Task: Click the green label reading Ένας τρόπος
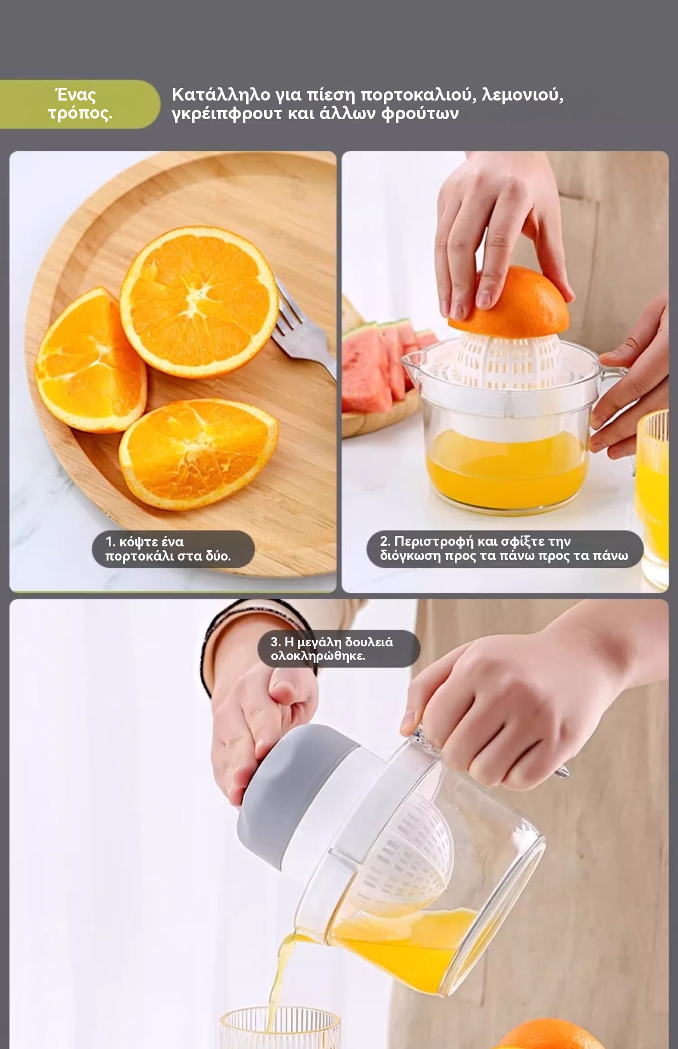(x=80, y=104)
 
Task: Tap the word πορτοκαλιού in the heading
(x=418, y=95)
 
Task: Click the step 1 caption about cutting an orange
(x=173, y=549)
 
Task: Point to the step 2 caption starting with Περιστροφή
(x=504, y=549)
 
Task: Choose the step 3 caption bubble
(x=338, y=649)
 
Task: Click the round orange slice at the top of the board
(x=199, y=302)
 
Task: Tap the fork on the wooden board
(x=304, y=328)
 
